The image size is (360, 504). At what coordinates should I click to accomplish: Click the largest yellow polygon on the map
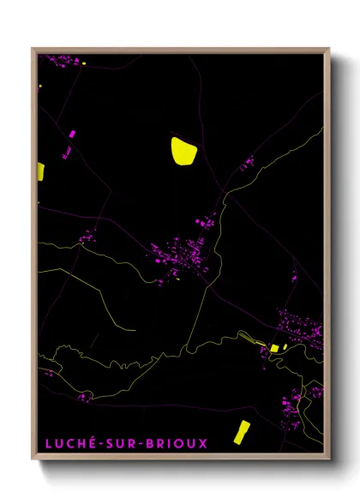click(x=184, y=151)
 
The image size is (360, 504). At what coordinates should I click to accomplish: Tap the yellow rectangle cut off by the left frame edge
click(x=40, y=171)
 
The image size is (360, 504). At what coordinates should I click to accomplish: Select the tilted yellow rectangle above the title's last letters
click(x=241, y=433)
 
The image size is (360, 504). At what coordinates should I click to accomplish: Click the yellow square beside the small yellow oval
click(x=275, y=347)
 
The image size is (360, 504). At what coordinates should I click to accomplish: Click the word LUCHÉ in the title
click(x=68, y=443)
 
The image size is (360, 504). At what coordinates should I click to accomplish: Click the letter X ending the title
click(x=202, y=443)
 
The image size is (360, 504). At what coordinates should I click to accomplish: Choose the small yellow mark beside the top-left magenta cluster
click(x=39, y=87)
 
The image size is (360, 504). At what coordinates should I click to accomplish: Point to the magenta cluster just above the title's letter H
click(x=82, y=398)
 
